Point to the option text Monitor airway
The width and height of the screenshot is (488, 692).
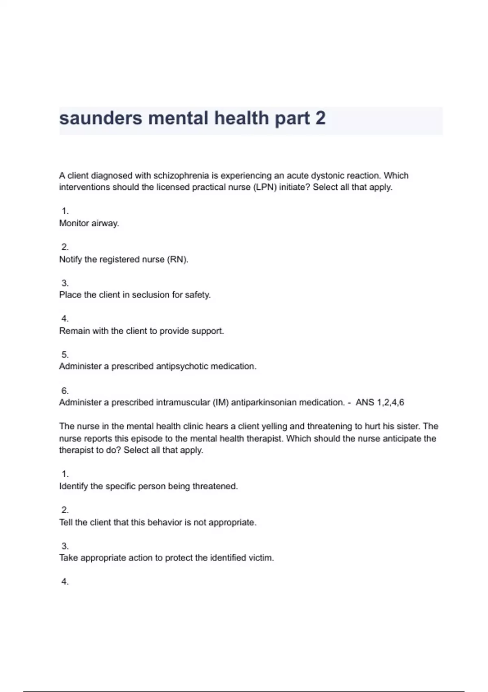pos(89,223)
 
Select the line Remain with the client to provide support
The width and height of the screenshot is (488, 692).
pos(142,331)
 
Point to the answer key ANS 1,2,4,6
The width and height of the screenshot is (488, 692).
pos(380,403)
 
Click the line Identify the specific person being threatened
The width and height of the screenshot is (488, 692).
pos(148,486)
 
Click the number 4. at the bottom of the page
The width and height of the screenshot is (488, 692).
pos(65,582)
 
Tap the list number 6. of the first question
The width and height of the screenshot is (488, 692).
pos(65,391)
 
